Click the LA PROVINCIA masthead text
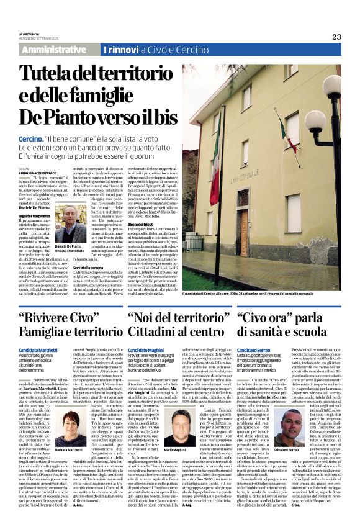[x=30, y=33]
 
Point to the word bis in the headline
[x=160, y=117]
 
